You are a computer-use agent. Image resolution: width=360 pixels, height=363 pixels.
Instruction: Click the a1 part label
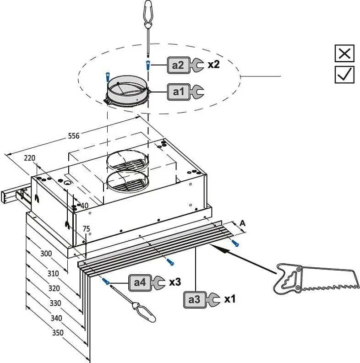point(179,92)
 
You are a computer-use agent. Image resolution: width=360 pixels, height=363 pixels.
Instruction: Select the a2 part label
point(179,65)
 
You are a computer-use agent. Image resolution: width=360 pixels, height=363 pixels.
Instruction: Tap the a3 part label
point(195,299)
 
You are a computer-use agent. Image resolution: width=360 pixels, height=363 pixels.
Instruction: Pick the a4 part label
point(140,282)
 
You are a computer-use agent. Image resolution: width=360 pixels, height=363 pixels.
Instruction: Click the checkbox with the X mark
point(344,53)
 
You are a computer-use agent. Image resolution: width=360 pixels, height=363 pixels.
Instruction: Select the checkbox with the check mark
point(344,74)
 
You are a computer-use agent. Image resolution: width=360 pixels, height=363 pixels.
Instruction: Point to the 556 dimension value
point(74,136)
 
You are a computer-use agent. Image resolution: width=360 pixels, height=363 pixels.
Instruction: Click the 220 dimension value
point(29,158)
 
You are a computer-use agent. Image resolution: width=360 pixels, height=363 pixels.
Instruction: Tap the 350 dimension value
point(58,333)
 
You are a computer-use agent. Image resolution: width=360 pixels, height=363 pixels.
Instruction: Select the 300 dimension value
point(46,254)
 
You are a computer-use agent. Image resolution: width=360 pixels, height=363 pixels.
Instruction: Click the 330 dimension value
point(55,303)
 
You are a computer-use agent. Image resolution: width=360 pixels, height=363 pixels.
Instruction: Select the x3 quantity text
point(175,282)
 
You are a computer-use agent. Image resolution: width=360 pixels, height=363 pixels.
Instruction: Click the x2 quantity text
point(213,65)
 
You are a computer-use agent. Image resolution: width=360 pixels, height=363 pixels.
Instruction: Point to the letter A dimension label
point(243,223)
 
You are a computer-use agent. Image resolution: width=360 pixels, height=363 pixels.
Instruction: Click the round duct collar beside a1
point(128,93)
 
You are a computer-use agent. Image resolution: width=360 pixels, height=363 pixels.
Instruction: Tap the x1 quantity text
point(229,299)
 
